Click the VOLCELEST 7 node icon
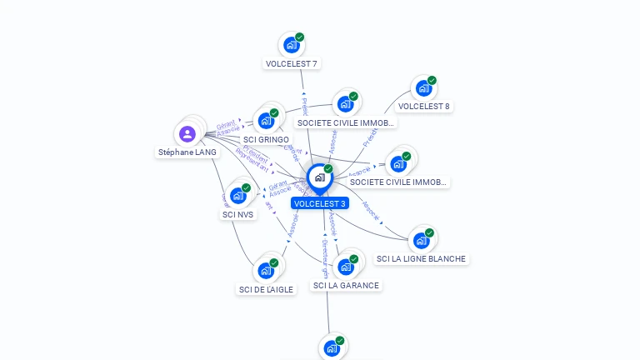[291, 44]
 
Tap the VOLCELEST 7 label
[291, 63]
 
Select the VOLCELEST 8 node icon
[423, 87]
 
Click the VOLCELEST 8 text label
[423, 107]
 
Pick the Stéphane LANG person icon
[187, 133]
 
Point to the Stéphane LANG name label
[187, 152]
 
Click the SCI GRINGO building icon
[266, 120]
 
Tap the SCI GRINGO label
[266, 139]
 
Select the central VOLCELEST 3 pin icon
[319, 177]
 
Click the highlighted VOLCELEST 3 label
[320, 203]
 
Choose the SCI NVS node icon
[238, 195]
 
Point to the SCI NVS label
[238, 214]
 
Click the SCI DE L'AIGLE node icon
[266, 270]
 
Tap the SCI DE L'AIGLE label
[266, 289]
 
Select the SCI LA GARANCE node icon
[346, 267]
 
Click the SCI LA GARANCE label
[346, 285]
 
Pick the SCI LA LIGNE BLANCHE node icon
[421, 240]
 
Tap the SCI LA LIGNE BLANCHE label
[421, 259]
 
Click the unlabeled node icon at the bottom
[332, 348]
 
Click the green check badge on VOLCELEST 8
[432, 80]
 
